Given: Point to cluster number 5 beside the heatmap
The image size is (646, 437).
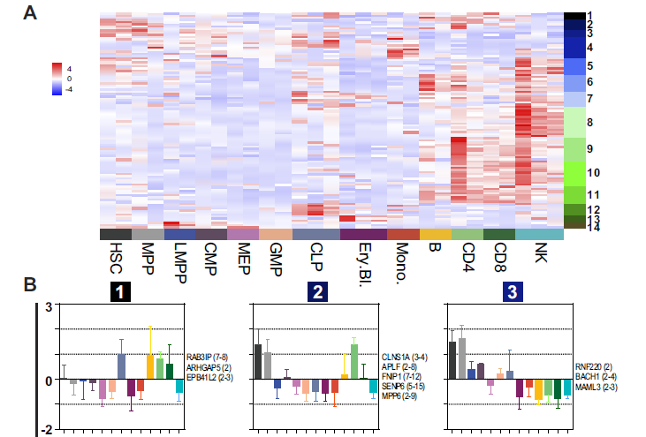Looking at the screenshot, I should pos(589,66).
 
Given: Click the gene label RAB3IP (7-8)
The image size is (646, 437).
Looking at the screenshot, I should pos(208,357).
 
